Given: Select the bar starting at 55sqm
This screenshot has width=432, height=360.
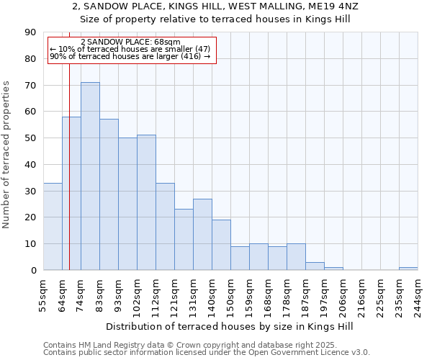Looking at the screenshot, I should click(53, 227).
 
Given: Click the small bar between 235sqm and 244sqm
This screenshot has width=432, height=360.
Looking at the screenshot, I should click(408, 269).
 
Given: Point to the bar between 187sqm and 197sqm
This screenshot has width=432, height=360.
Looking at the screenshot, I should click(315, 266).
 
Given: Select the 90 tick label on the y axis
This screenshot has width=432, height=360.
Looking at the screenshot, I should click(30, 32).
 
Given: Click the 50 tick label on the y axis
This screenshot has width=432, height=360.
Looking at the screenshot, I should click(30, 138).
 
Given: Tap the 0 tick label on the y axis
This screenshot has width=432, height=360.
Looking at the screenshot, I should click(32, 271).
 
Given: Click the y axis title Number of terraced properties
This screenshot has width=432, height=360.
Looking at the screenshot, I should click(7, 155).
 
